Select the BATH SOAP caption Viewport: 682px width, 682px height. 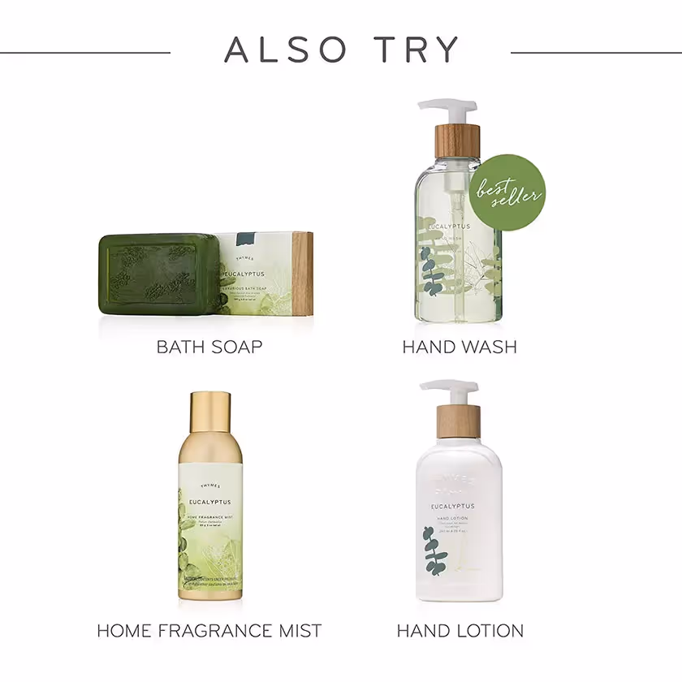[209, 347]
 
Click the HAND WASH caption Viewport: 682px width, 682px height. [460, 347]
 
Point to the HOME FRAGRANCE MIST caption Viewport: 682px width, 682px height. [209, 630]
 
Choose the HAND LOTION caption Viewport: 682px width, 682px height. [460, 630]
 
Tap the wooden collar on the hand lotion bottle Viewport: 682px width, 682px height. [459, 421]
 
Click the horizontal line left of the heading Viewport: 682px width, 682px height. [85, 53]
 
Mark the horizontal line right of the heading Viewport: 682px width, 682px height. [596, 53]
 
